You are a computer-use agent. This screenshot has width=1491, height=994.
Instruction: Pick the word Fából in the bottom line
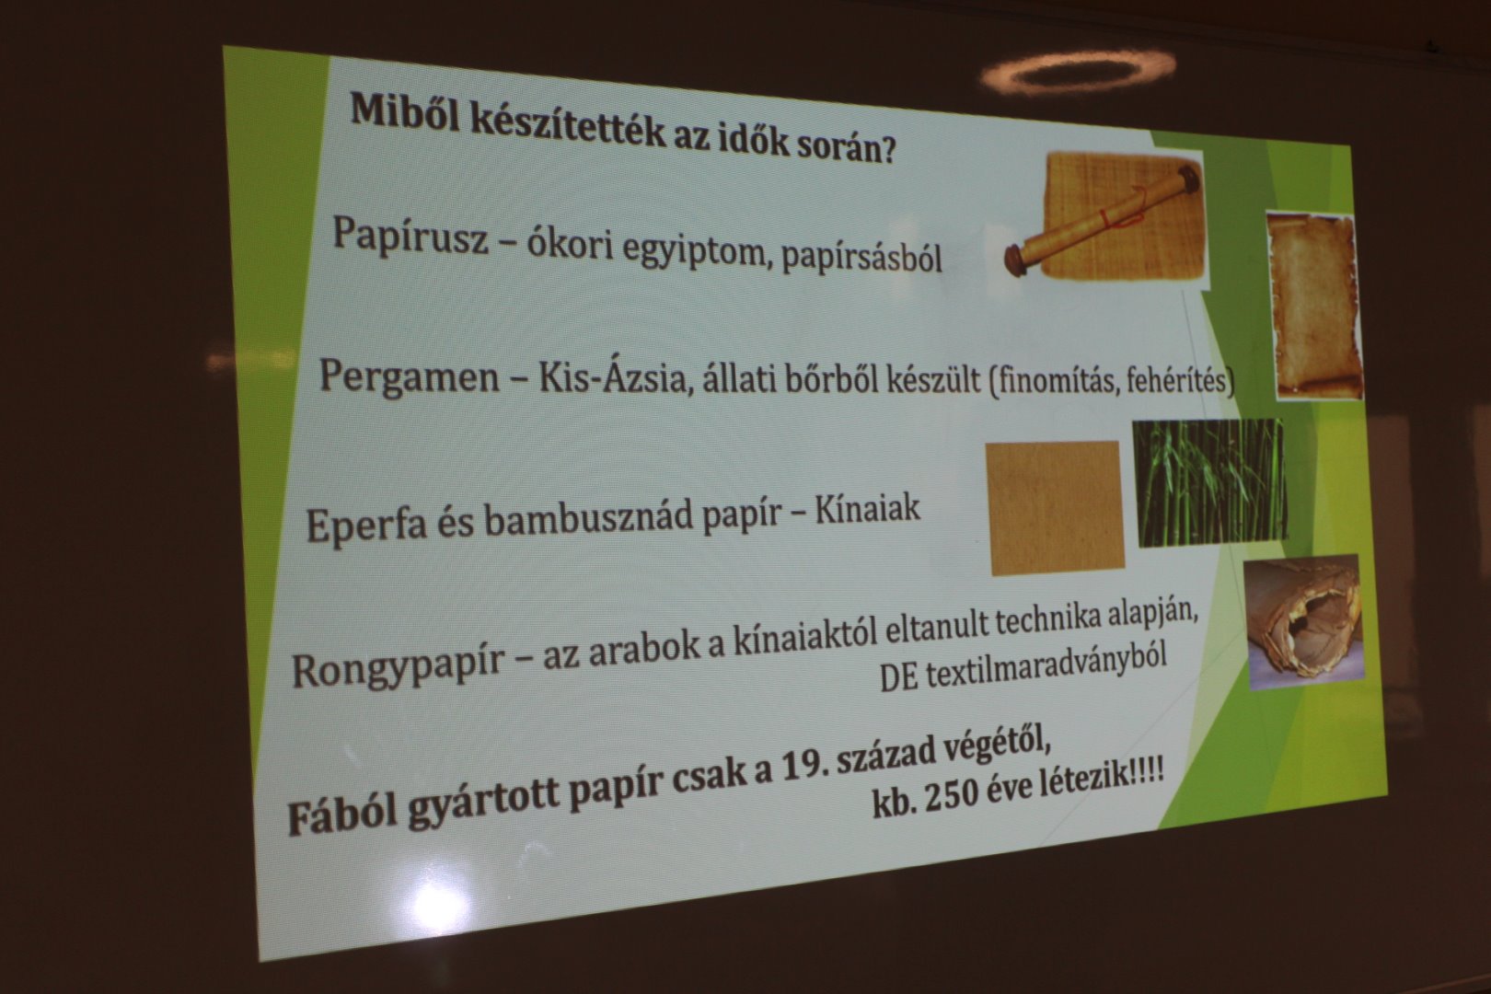pyautogui.click(x=341, y=815)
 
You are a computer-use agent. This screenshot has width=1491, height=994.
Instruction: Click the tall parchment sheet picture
pyautogui.click(x=1313, y=306)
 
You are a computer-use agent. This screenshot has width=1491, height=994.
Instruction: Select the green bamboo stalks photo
pyautogui.click(x=1210, y=483)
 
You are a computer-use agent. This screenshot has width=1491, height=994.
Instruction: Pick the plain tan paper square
pyautogui.click(x=1055, y=508)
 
